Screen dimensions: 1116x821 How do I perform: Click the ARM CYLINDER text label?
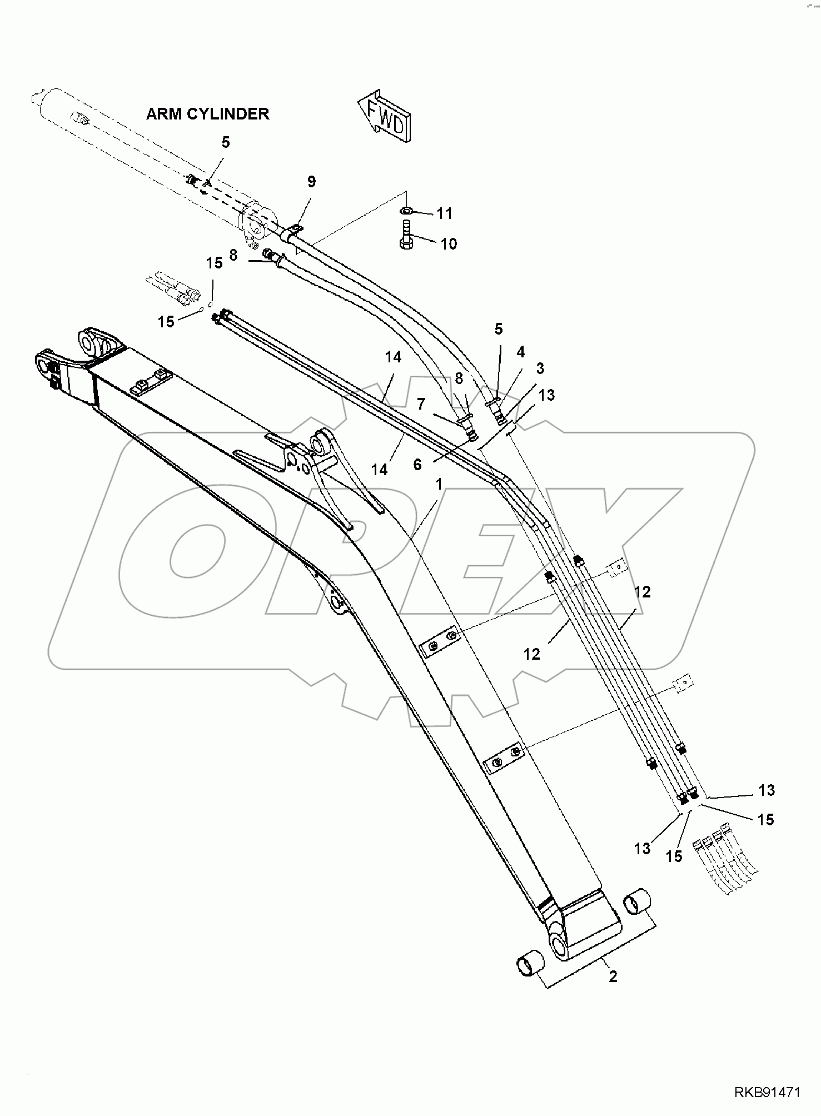pyautogui.click(x=207, y=114)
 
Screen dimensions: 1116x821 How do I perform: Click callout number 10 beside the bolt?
pyautogui.click(x=449, y=244)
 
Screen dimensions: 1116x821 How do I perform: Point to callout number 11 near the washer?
pyautogui.click(x=444, y=213)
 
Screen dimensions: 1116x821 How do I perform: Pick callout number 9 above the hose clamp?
pyautogui.click(x=311, y=182)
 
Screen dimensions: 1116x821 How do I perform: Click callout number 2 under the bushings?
pyautogui.click(x=613, y=976)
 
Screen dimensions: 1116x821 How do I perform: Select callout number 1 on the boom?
pyautogui.click(x=439, y=484)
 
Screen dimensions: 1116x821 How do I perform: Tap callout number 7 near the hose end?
pyautogui.click(x=421, y=403)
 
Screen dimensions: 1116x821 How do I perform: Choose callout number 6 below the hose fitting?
pyautogui.click(x=418, y=464)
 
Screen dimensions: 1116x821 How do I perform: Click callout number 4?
pyautogui.click(x=520, y=352)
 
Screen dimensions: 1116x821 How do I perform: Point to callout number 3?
pyautogui.click(x=540, y=368)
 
